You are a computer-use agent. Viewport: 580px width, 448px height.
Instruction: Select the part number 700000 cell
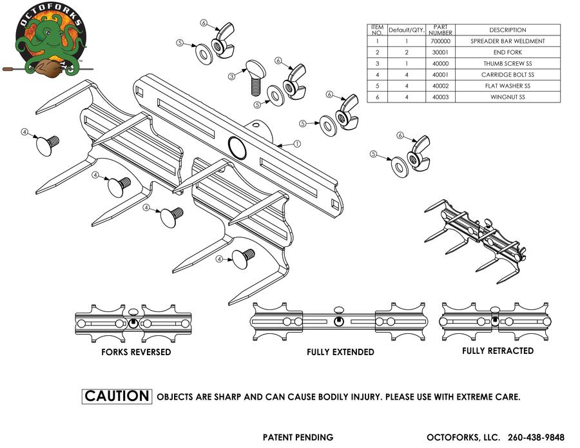point(440,41)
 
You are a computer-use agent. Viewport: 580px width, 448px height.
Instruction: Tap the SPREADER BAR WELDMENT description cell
point(507,41)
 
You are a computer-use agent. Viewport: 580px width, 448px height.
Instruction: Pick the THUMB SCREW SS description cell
point(507,64)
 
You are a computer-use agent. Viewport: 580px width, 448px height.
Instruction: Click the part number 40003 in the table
point(440,97)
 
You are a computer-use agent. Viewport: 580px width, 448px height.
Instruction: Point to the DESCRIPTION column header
point(507,30)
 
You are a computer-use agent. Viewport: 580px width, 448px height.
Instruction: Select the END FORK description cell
point(507,52)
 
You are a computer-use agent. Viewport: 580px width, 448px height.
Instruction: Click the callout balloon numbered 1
point(298,144)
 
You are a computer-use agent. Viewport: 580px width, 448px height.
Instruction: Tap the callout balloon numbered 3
point(231,76)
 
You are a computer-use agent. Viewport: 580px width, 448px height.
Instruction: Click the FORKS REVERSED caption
point(136,353)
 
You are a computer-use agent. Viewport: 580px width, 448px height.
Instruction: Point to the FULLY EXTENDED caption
point(340,353)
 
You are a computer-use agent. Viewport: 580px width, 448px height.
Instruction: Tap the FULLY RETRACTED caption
point(498,351)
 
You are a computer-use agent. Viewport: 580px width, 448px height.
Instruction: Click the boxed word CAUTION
point(117,396)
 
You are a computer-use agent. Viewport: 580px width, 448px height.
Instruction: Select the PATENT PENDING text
point(298,437)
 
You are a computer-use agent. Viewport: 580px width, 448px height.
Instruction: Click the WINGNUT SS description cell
point(507,97)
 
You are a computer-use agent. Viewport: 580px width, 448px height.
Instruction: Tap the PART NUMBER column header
point(440,30)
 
